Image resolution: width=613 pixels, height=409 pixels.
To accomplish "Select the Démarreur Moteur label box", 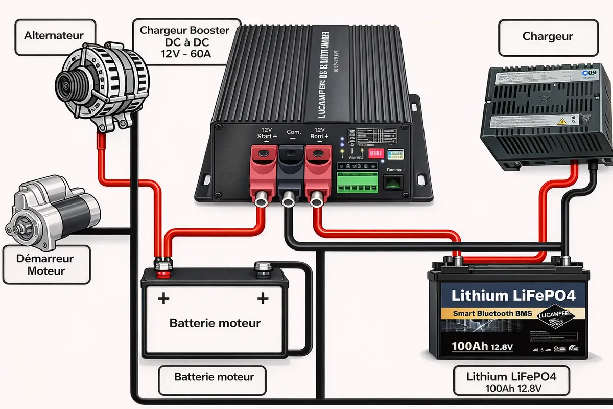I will pyautogui.click(x=46, y=264).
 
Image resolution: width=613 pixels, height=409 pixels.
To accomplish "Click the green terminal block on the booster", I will pyautogui.click(x=357, y=183).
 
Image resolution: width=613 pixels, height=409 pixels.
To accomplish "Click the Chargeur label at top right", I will pyautogui.click(x=548, y=36).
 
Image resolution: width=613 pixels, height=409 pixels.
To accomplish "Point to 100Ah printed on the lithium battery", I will pyautogui.click(x=469, y=346).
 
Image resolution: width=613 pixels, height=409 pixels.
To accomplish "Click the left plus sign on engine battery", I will pyautogui.click(x=163, y=299).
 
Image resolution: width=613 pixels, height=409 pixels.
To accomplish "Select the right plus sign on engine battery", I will pyautogui.click(x=263, y=299).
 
